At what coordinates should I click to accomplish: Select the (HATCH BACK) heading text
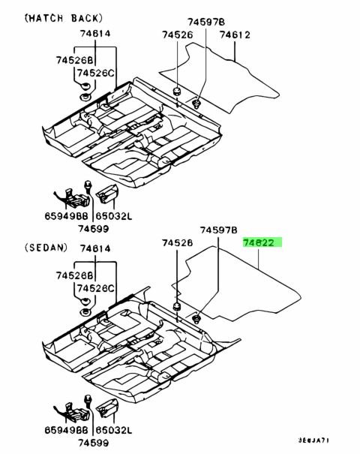coord(64,18)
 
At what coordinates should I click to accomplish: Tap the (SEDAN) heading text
coord(46,248)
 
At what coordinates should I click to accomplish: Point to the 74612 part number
coord(235,35)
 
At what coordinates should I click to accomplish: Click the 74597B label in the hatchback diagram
coord(206,22)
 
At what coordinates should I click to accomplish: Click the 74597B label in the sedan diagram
coord(218,230)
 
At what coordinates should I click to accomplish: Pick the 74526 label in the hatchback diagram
coord(177,35)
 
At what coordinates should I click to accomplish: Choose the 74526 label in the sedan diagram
coord(177,242)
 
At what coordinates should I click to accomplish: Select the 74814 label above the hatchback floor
coord(95,34)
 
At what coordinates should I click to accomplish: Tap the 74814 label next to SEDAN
coord(95,248)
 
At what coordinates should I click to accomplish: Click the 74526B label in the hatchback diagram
coord(75,60)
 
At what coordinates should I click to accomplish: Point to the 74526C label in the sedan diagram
coord(96,288)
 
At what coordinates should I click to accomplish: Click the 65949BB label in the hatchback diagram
coord(66,216)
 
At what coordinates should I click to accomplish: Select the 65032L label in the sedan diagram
coord(114,430)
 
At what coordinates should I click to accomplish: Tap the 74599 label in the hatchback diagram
coord(93,229)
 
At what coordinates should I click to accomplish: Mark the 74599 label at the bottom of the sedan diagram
coord(93,443)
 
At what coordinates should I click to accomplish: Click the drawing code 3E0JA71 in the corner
coord(313,440)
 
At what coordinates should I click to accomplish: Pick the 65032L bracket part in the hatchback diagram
coord(107,194)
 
